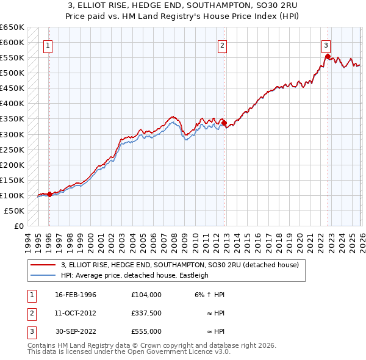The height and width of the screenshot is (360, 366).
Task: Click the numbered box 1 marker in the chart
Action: click(48, 45)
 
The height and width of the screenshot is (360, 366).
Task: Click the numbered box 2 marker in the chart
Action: click(223, 45)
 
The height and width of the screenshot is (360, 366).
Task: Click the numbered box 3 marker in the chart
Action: click(326, 45)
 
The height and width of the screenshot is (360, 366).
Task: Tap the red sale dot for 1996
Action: click(49, 194)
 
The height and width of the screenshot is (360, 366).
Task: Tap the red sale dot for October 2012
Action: click(224, 123)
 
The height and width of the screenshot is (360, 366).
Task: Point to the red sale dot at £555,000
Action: click(328, 57)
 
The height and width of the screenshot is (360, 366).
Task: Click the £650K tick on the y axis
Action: click(12, 27)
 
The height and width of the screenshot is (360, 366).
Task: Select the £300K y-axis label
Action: click(12, 134)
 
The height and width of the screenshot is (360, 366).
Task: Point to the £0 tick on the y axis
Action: click(18, 226)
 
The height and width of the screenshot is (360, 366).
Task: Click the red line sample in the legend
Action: click(43, 265)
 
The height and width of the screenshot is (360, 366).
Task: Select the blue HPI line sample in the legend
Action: click(43, 276)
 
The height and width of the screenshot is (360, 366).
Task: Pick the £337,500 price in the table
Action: click(146, 313)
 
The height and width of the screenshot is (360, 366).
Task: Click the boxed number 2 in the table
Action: click(31, 313)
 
